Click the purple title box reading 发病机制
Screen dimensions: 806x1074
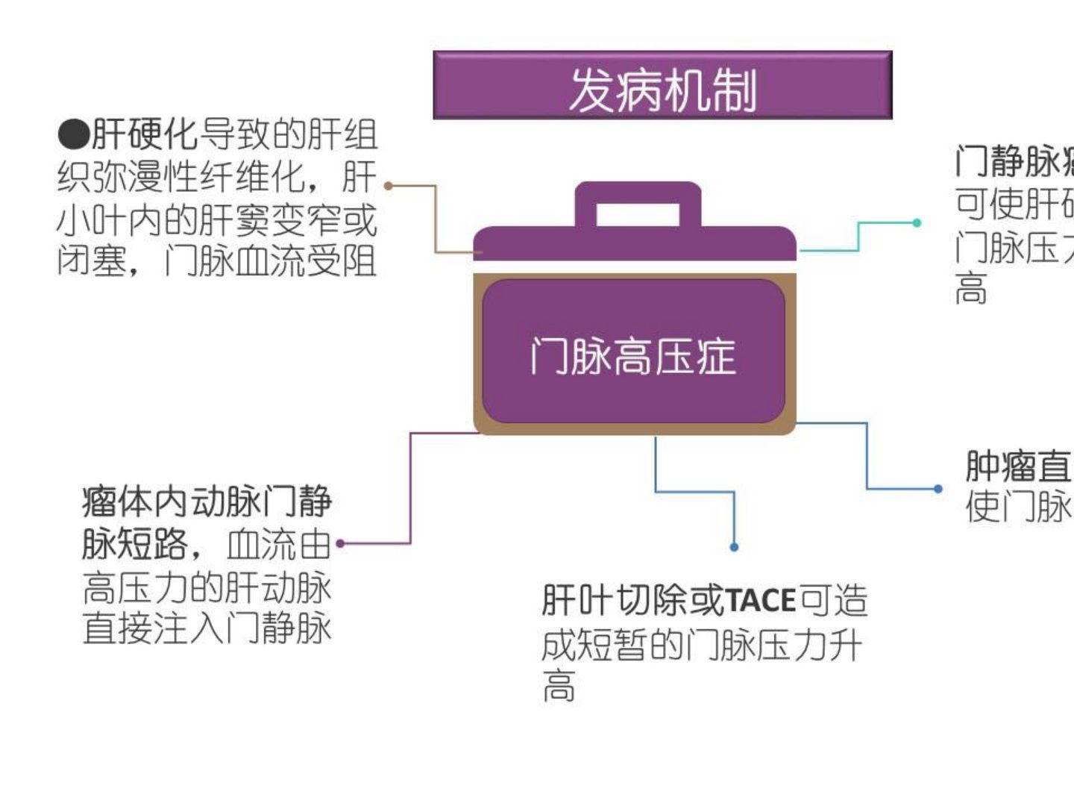coord(662,86)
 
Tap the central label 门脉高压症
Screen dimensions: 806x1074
coord(633,356)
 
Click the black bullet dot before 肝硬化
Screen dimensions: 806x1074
coord(73,135)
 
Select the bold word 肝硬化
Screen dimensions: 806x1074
coord(145,135)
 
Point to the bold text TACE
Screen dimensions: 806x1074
coord(761,601)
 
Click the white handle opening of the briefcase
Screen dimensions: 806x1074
coord(638,215)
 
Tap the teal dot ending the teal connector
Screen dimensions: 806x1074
coord(917,222)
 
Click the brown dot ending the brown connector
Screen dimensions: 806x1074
coord(388,185)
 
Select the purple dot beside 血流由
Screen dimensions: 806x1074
coord(341,543)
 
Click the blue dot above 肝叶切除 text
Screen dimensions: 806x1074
coord(734,547)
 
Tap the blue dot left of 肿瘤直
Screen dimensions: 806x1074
coord(938,489)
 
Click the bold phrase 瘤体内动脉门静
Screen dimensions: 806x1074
coord(207,502)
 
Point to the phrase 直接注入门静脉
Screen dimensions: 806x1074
coord(207,628)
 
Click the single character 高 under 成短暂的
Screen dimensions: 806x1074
coord(559,687)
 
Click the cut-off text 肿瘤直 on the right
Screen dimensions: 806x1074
coord(1018,466)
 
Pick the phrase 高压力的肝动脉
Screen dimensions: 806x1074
coord(207,588)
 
